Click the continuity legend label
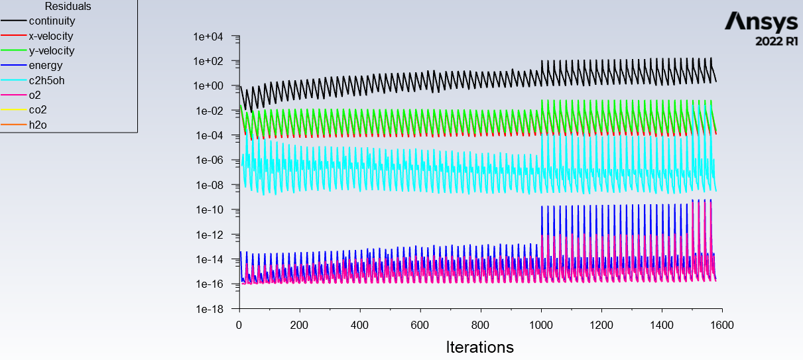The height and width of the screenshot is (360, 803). coord(52,21)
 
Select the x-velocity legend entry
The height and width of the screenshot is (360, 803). coord(51,36)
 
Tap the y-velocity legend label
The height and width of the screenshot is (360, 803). coord(52,51)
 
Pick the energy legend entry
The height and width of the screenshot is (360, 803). coord(45,66)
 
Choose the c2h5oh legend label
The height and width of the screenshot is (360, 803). coord(46,80)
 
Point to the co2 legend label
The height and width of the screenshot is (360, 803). coord(38,110)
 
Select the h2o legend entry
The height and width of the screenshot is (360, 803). coord(38,125)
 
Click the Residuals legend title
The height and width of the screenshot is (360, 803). coord(68,7)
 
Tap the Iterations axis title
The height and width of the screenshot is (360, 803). coord(479,347)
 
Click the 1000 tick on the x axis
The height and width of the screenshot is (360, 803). coord(541,326)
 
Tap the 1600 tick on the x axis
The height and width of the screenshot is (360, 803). coord(721,326)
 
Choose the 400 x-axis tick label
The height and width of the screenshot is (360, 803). coord(360,326)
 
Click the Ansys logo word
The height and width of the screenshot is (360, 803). coord(761,22)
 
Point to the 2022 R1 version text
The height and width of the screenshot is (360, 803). coord(776,41)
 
